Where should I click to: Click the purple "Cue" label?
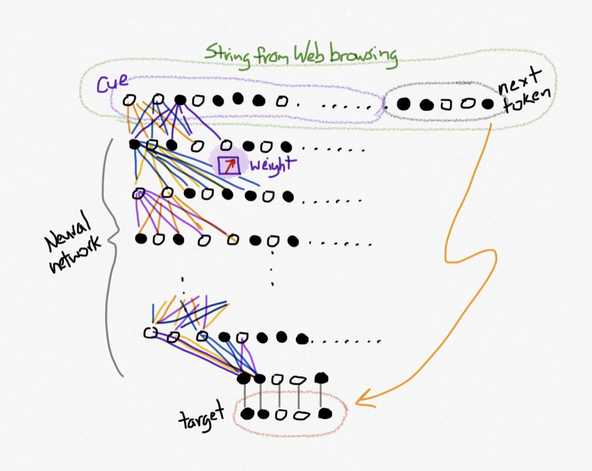112,83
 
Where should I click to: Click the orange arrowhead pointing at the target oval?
361,402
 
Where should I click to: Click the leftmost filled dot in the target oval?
247,414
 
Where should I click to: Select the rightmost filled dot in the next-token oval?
487,104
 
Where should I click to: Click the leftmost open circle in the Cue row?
129,101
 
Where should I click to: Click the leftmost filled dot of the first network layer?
135,144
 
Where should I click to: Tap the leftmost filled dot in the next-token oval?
404,104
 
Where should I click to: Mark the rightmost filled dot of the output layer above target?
321,378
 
